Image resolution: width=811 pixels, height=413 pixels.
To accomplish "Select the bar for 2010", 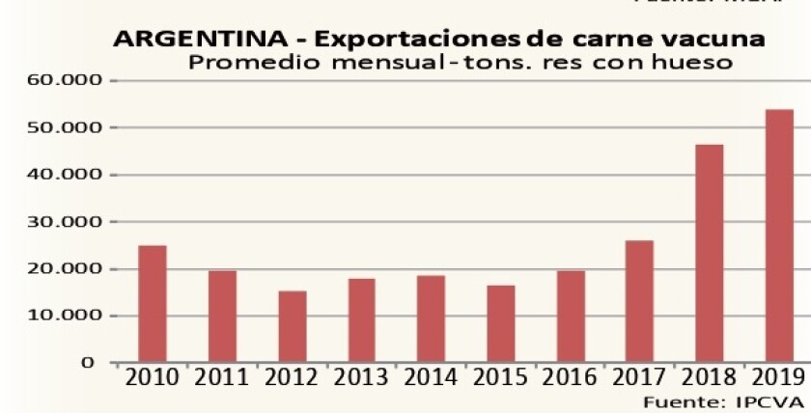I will [x=152, y=304].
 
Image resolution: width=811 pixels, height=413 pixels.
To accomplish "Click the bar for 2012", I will [x=293, y=326].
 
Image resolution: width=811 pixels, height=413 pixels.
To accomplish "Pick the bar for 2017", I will [x=639, y=301].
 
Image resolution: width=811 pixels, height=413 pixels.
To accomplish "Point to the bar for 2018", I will [x=710, y=253].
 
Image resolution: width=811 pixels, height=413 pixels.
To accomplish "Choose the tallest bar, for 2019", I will [x=779, y=235].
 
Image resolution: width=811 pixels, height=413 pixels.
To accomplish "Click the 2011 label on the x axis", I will [x=221, y=377].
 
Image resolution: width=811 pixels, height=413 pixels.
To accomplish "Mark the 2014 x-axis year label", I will [x=432, y=377].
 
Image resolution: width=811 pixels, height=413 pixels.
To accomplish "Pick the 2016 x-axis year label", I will [x=571, y=377].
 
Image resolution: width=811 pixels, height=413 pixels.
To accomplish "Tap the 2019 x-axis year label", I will [x=778, y=377].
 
